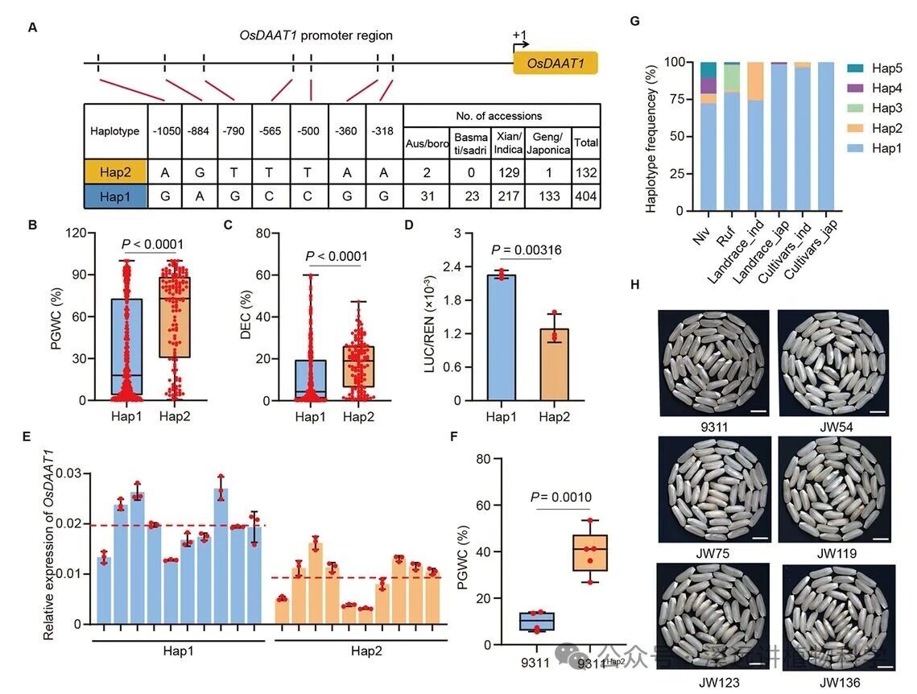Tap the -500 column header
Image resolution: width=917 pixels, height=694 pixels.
(309, 130)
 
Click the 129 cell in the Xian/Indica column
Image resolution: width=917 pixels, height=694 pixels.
(510, 171)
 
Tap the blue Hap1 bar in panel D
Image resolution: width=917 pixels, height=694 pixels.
(502, 337)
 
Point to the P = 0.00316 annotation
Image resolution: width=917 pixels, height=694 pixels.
(527, 250)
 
